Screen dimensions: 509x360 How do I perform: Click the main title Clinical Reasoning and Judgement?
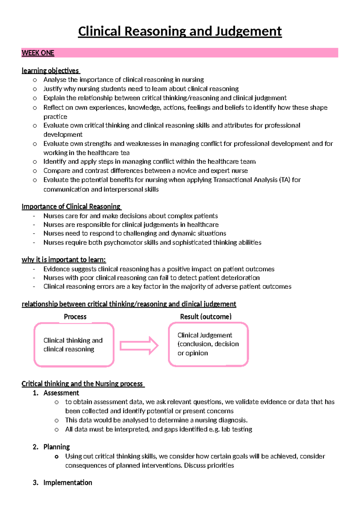tap(180, 31)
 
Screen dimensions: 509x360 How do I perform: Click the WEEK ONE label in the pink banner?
tap(38, 53)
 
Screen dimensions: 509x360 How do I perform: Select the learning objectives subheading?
tap(50, 71)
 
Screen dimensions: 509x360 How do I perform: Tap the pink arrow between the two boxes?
tap(139, 346)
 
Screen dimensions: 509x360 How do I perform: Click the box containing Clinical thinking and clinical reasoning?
tap(74, 345)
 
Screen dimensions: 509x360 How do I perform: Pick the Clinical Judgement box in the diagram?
tap(208, 344)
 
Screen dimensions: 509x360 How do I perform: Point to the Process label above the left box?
tap(75, 317)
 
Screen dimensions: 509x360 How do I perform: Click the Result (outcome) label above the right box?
tap(206, 317)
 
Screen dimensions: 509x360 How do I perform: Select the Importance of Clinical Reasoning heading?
tap(71, 206)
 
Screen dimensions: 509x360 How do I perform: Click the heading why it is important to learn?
tap(64, 260)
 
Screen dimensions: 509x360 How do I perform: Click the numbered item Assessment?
tap(61, 393)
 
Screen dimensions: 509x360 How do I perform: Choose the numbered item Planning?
tap(56, 447)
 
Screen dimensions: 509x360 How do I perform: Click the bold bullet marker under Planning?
tap(56, 457)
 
